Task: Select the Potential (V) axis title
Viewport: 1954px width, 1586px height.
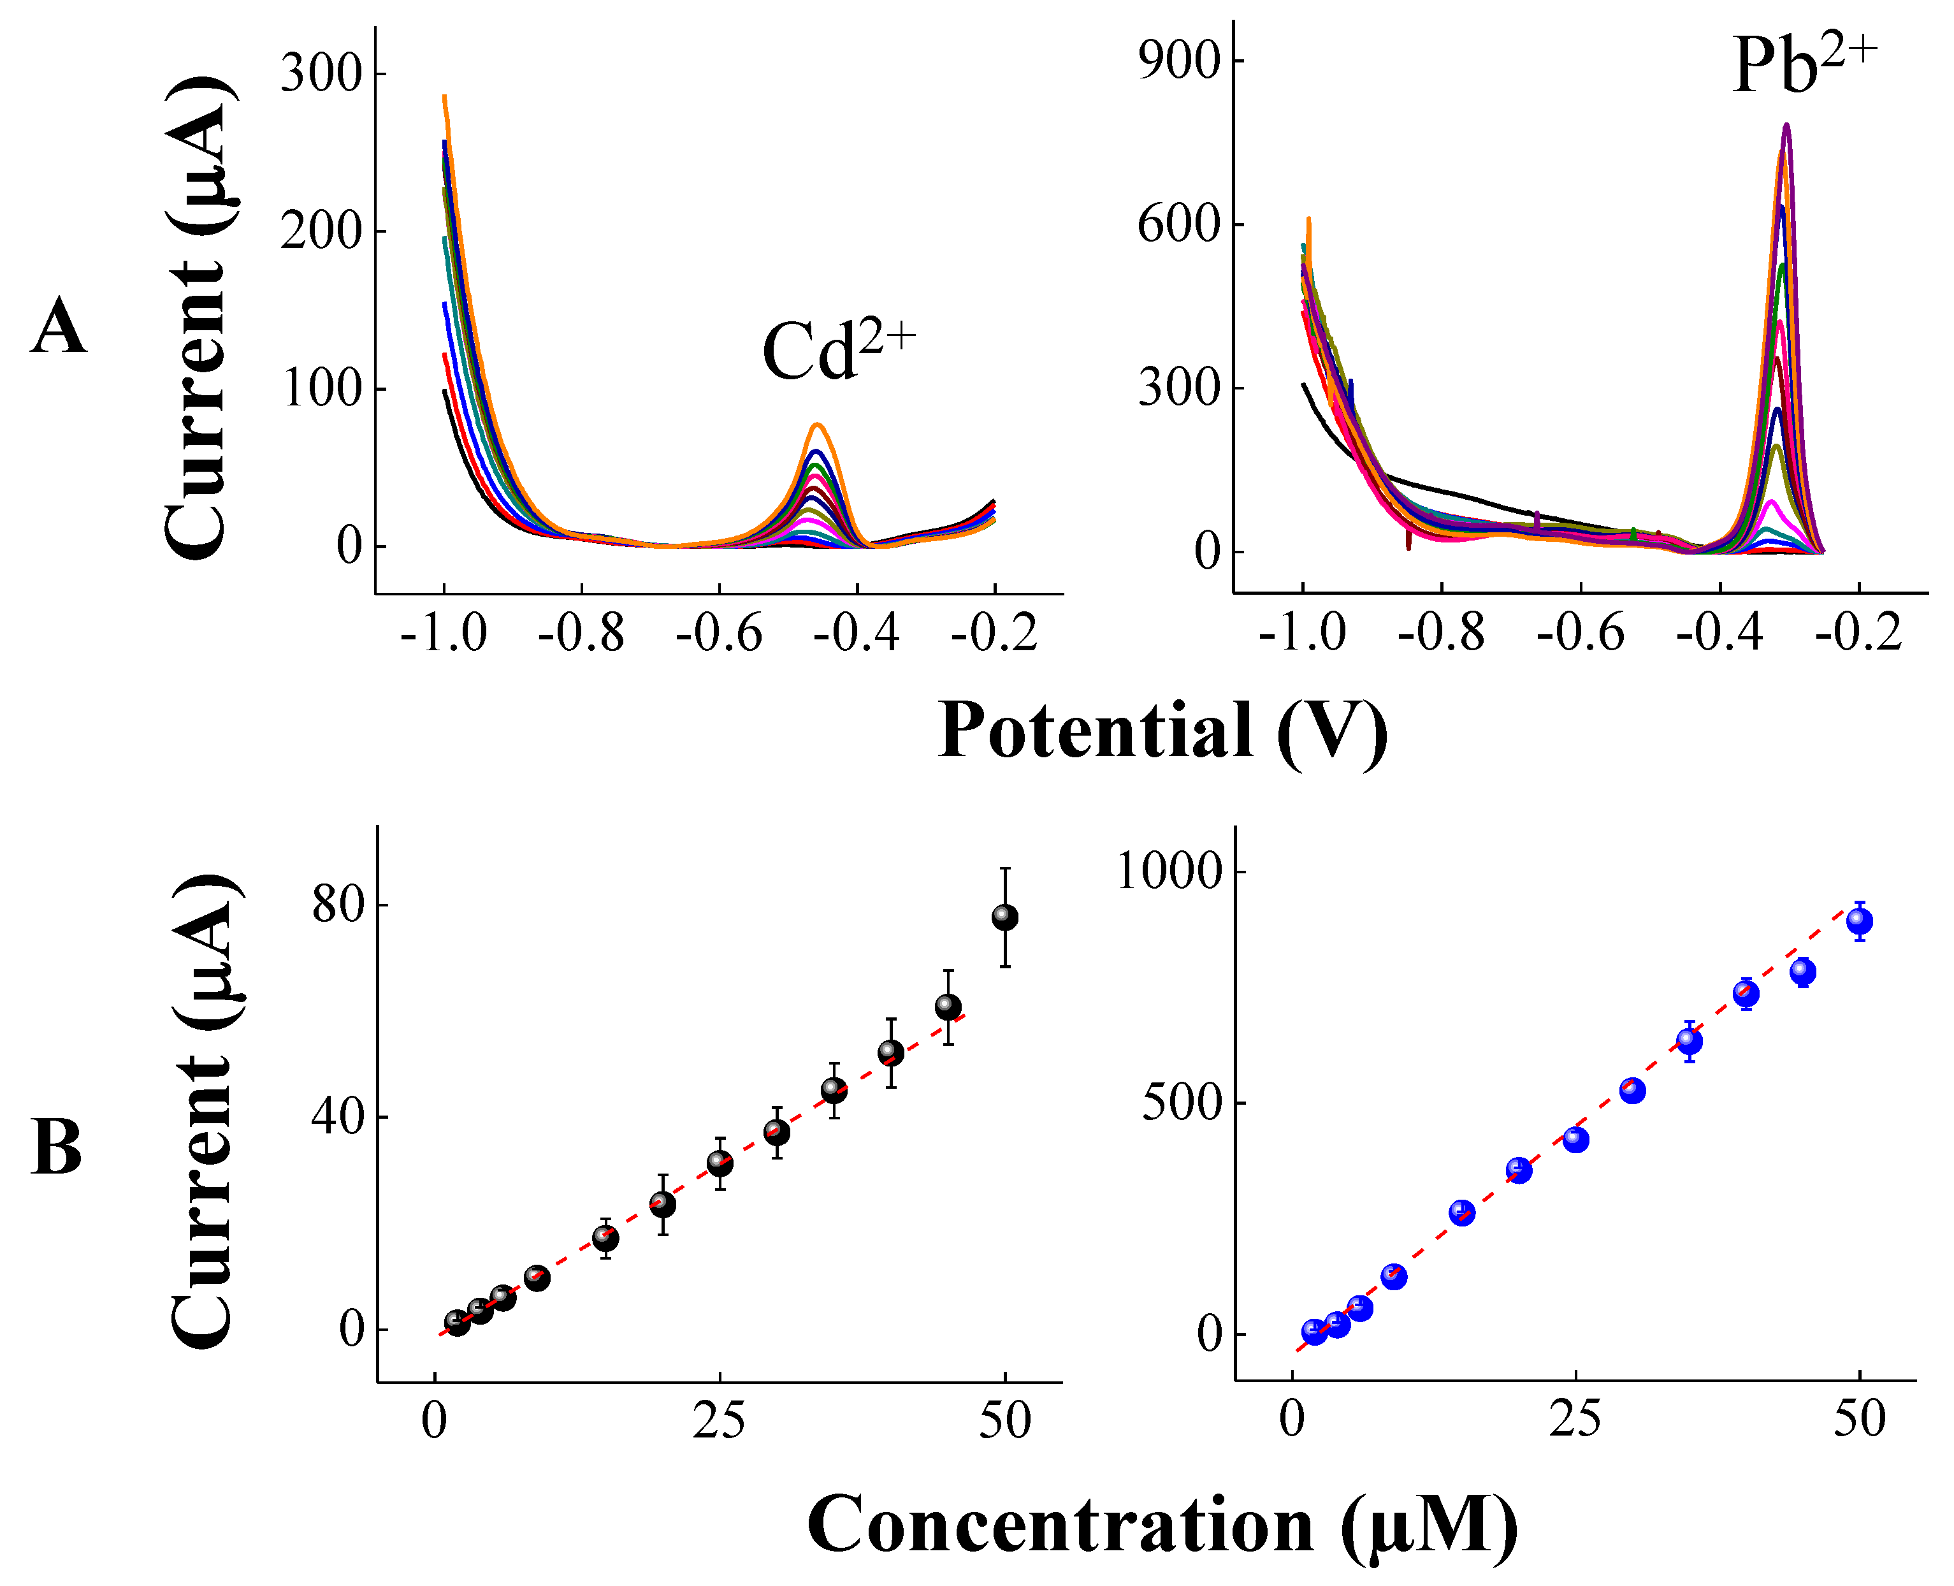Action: pos(1162,732)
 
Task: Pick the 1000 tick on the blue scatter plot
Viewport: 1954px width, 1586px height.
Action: pos(1169,871)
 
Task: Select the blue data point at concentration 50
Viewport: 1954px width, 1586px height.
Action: pos(1859,921)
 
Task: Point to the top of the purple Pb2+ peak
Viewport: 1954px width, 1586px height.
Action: pos(1786,125)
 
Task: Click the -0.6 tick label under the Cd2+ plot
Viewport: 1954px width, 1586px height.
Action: pos(718,633)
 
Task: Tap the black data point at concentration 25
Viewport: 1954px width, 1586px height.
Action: pos(720,1163)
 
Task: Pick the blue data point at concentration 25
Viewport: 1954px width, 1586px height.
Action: pos(1575,1139)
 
